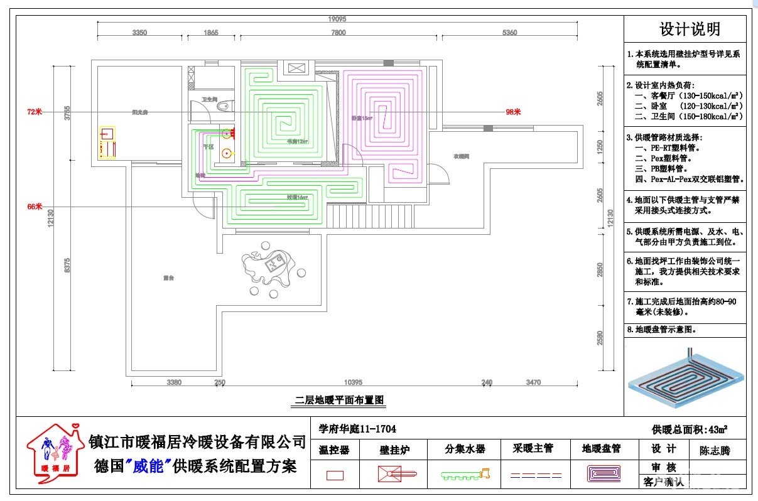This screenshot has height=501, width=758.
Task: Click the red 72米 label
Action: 34,112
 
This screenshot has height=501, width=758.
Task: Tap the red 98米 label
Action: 513,112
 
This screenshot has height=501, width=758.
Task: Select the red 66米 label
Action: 34,207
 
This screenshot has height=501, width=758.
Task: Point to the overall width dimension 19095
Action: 337,19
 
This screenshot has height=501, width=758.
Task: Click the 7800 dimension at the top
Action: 338,33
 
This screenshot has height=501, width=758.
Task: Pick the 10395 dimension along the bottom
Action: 354,382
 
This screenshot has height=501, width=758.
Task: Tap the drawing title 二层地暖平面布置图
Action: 339,399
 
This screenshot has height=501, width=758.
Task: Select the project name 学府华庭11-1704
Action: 357,429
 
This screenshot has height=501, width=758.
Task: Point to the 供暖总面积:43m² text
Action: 690,429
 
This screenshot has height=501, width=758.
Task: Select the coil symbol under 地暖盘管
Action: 604,473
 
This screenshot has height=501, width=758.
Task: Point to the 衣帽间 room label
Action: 462,156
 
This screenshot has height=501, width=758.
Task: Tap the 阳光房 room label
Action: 139,112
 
